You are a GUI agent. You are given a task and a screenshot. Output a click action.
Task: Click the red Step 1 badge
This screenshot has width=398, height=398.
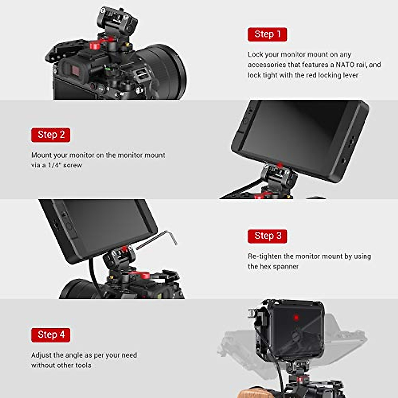267,34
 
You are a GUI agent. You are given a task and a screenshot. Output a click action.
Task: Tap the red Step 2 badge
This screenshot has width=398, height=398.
51,135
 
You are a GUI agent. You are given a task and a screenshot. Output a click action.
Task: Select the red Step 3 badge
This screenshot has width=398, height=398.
267,236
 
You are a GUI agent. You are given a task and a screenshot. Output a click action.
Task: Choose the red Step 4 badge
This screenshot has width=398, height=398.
51,335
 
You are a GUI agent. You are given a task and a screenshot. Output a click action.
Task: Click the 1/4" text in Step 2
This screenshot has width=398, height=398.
54,165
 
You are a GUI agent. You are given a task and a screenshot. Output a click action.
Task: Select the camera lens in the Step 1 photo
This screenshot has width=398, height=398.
163,70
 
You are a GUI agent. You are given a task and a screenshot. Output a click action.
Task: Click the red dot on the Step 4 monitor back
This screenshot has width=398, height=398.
296,318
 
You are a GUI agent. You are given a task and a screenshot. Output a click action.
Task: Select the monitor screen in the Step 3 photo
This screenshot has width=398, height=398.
106,226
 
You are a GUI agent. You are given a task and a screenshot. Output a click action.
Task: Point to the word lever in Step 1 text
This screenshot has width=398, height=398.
350,75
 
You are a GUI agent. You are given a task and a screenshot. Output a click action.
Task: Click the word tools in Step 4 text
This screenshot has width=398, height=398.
83,365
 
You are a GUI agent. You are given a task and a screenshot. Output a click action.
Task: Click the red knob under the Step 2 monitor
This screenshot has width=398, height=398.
280,165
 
